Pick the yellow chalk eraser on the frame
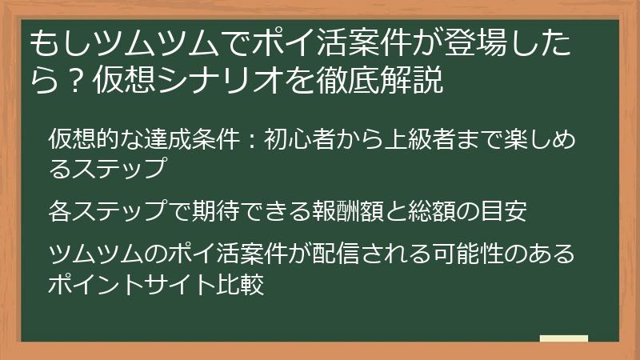click(x=563, y=338)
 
